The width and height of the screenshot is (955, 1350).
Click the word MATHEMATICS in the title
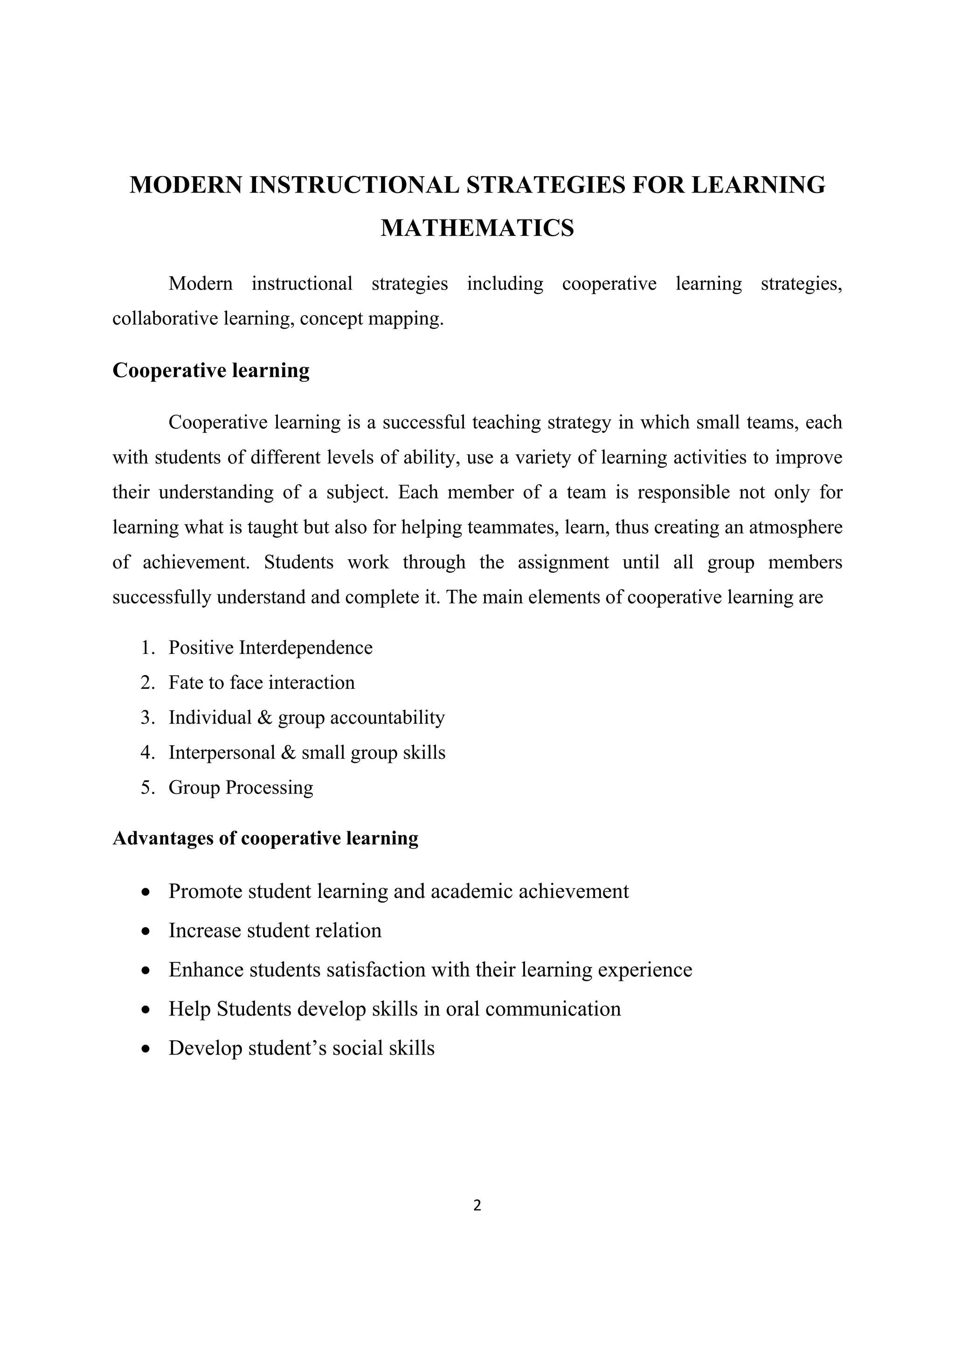477,228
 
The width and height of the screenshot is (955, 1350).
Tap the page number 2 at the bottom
477,1206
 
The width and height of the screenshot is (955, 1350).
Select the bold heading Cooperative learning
211,370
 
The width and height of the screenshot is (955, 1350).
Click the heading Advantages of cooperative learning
265,838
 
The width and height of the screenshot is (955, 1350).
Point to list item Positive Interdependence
270,647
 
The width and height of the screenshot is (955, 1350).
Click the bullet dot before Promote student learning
146,892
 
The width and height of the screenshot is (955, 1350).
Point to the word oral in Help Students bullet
463,1009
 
